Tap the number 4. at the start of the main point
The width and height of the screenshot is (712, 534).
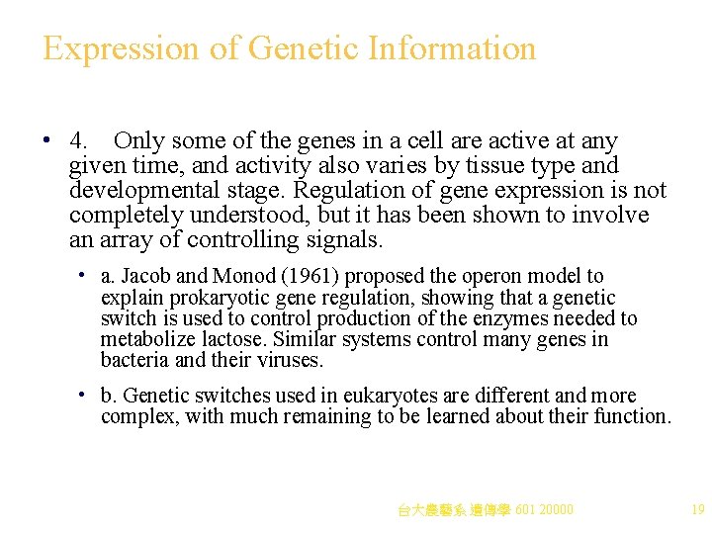(x=82, y=141)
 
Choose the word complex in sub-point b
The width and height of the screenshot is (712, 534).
(x=134, y=416)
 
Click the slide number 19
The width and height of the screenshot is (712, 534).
(x=697, y=510)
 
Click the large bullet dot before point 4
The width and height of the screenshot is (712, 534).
(x=47, y=141)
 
